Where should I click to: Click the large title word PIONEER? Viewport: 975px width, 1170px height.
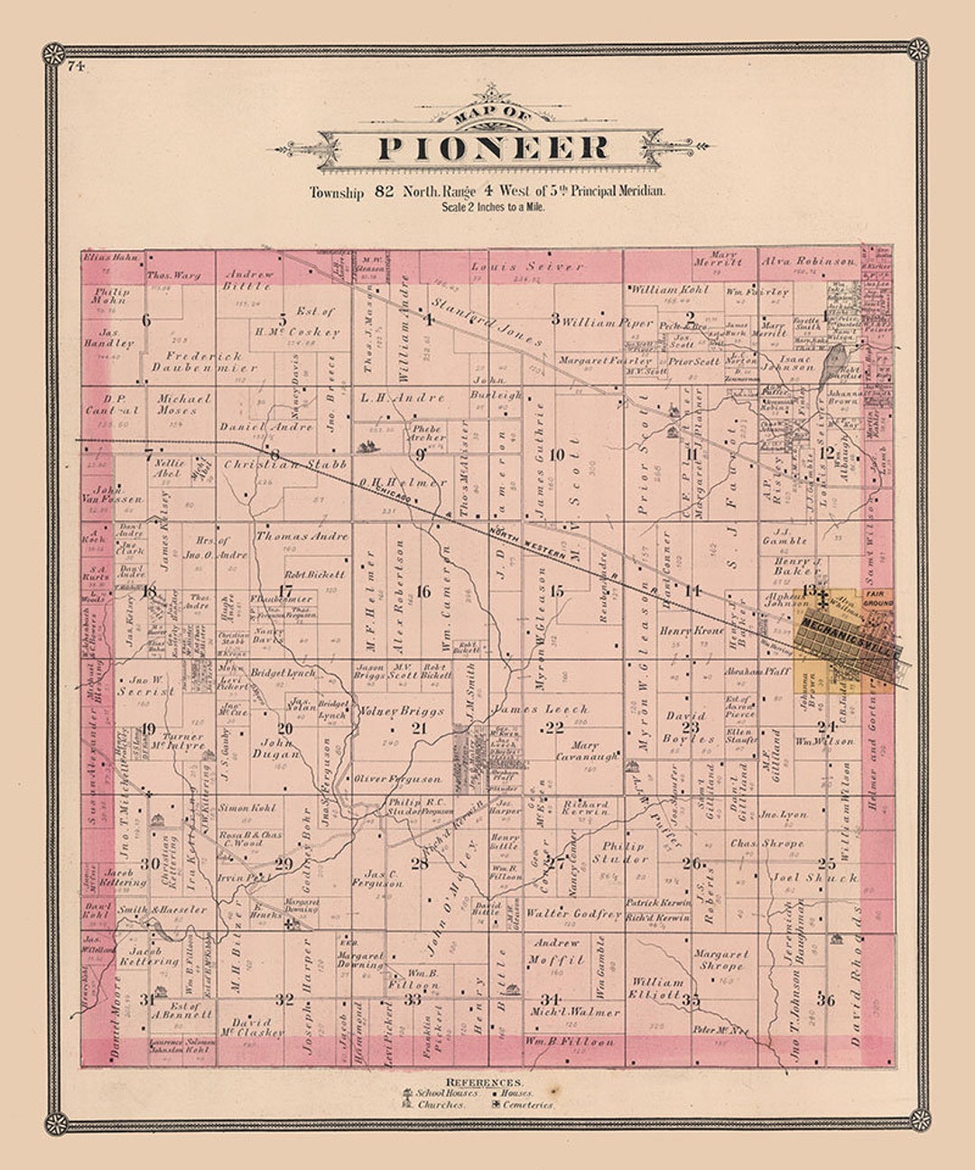[x=492, y=147]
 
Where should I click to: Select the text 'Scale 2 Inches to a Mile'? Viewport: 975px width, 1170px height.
[x=493, y=207]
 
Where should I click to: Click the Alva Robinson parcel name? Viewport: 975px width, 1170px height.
[x=809, y=261]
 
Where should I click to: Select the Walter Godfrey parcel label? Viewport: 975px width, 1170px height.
[x=573, y=914]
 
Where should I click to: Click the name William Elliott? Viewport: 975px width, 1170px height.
[x=656, y=988]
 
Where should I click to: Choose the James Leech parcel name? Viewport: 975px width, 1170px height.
[x=540, y=710]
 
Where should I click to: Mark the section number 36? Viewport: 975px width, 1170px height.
[x=825, y=1000]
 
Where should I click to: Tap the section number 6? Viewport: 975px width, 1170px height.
[x=146, y=320]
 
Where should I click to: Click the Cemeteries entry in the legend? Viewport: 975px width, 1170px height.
[x=524, y=1104]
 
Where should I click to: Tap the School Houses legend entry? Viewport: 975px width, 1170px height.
[x=444, y=1092]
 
